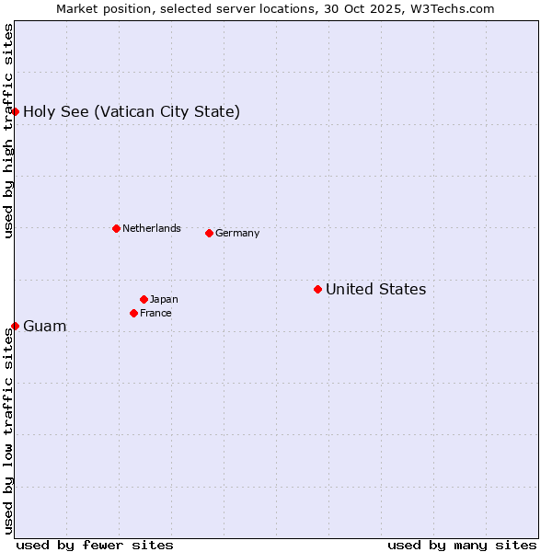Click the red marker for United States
317,289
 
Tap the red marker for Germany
209,233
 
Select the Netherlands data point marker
116,228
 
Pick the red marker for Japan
144,299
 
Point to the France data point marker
133,313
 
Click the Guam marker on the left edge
15,326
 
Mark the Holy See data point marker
15,111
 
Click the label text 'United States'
375,290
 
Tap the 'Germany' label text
237,234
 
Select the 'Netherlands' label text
151,229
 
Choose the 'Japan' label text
164,300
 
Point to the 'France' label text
155,314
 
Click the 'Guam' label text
44,327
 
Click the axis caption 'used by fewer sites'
95,545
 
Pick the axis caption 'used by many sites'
462,545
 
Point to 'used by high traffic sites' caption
8,131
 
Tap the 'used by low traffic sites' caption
8,431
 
